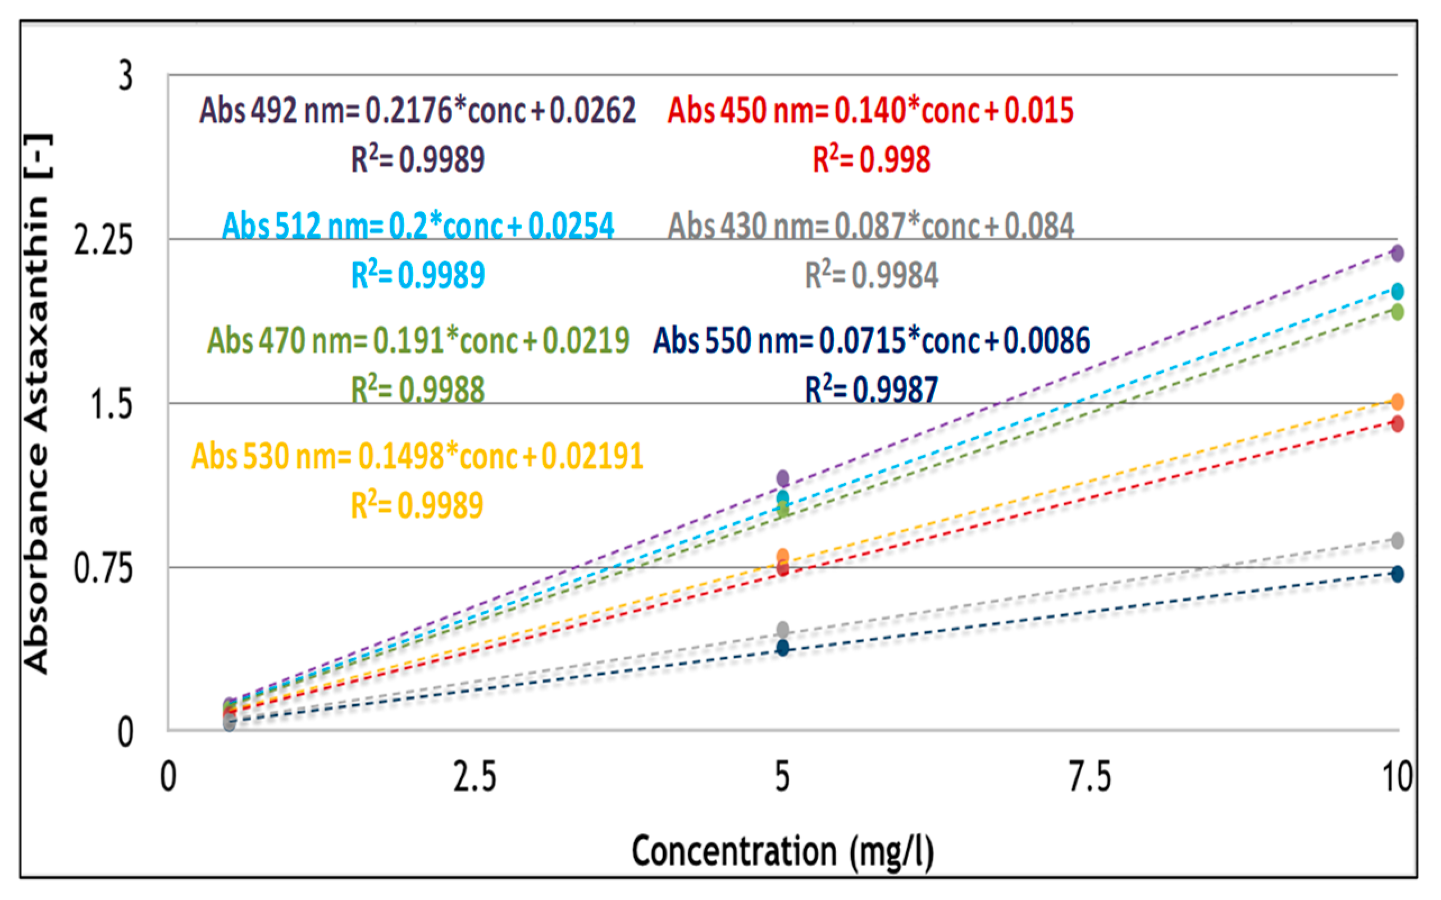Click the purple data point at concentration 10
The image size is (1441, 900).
pos(1397,253)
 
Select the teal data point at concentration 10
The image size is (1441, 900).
pos(1397,291)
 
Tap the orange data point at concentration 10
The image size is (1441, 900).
pos(1397,402)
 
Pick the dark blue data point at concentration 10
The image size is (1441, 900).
pos(1397,574)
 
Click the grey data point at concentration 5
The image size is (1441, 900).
pos(783,629)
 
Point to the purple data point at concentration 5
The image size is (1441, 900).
pos(783,478)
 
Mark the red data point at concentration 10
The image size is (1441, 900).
pos(1397,424)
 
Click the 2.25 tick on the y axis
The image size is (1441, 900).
pos(102,241)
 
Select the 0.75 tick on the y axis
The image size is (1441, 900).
pos(102,568)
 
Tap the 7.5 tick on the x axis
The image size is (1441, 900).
pos(1090,777)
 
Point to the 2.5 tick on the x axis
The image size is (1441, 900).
pos(475,777)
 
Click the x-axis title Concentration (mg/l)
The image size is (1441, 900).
pos(782,851)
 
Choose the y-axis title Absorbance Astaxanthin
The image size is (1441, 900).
pos(37,405)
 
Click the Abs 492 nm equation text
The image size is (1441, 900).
pos(417,111)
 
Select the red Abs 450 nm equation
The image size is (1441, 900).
pos(870,111)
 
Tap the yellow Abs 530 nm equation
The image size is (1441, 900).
pos(417,456)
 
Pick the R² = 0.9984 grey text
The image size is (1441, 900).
pos(871,276)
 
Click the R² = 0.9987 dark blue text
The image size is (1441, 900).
pos(871,390)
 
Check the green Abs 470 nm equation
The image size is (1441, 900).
pos(418,340)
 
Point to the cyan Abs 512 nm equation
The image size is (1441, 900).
pos(418,226)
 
